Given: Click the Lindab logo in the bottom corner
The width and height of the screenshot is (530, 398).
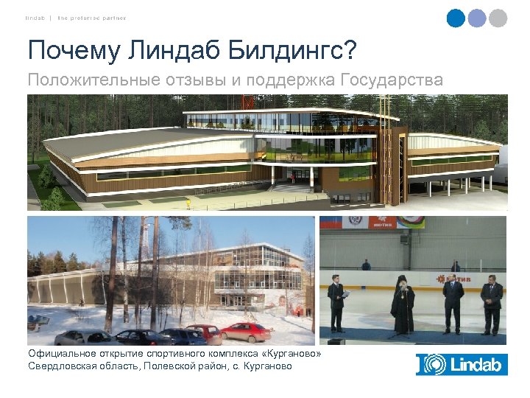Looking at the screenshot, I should (x=462, y=364).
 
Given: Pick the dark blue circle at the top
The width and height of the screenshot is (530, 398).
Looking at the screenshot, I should (x=456, y=18).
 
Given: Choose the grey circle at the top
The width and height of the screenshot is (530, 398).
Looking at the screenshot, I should (x=498, y=18).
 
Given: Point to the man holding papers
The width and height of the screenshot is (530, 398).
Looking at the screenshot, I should (x=336, y=301).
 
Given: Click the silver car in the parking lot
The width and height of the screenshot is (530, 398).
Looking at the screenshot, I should (x=78, y=338).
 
